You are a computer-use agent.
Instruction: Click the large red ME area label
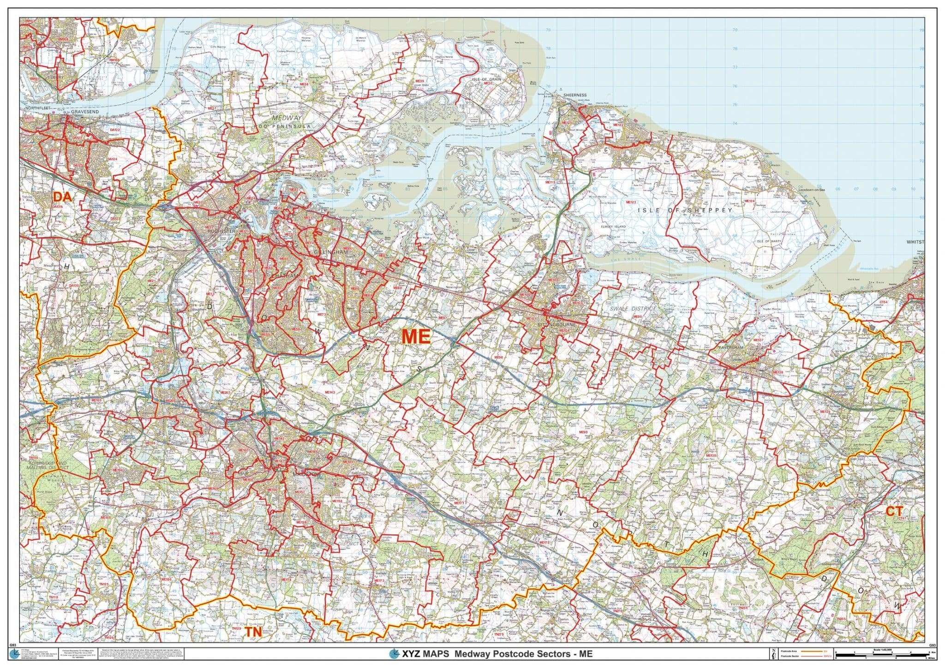[x=416, y=336]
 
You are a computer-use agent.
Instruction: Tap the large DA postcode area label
[x=62, y=197]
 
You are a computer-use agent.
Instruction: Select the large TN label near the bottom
[x=253, y=632]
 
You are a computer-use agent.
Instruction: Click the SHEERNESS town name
[x=575, y=95]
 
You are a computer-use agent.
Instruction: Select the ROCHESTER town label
[x=222, y=232]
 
